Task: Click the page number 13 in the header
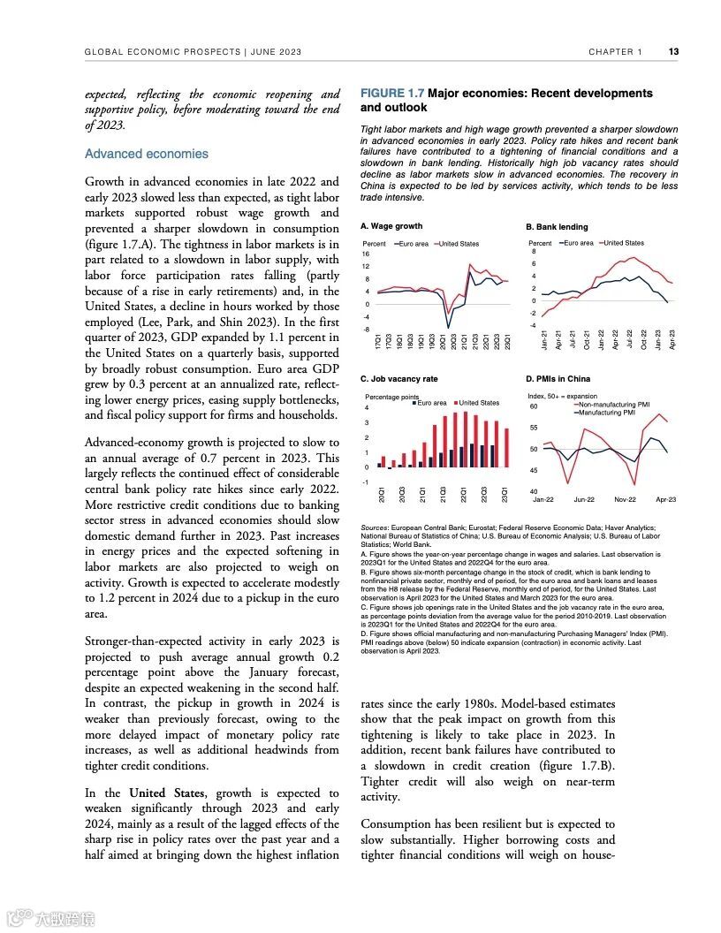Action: pyautogui.click(x=673, y=52)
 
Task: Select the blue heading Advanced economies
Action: pyautogui.click(x=147, y=154)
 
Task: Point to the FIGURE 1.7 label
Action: pyautogui.click(x=393, y=93)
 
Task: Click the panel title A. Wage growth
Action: pyautogui.click(x=391, y=227)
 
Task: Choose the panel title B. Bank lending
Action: pyautogui.click(x=558, y=227)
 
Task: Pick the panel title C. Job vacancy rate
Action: pyautogui.click(x=399, y=379)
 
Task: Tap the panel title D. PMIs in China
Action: pyautogui.click(x=558, y=379)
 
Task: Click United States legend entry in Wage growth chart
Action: pyautogui.click(x=459, y=243)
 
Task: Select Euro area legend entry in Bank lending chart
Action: pyautogui.click(x=578, y=243)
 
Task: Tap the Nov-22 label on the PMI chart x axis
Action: pyautogui.click(x=626, y=500)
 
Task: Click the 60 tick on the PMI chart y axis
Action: pyautogui.click(x=534, y=407)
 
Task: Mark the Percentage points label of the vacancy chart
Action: pyautogui.click(x=391, y=397)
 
